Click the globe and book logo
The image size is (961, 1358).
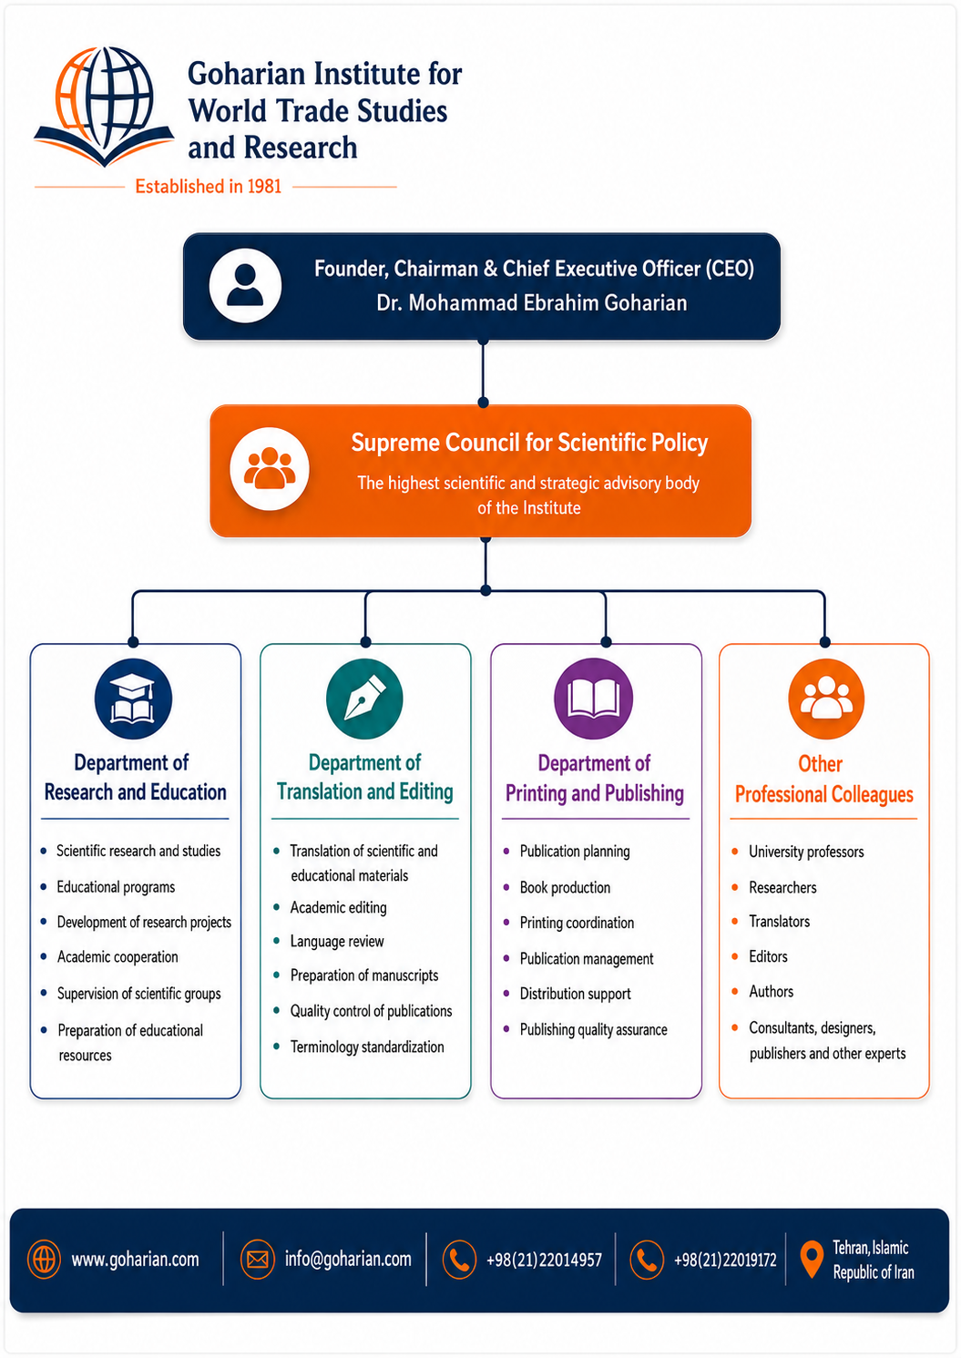[104, 106]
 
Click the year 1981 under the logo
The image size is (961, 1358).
[264, 186]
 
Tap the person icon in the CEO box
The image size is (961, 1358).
[245, 286]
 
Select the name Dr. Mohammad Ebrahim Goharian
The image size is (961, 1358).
[531, 302]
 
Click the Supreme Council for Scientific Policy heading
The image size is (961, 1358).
[529, 443]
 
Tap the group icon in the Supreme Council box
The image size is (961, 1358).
[270, 469]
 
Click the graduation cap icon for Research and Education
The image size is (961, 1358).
[133, 699]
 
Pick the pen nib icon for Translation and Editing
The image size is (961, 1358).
[364, 699]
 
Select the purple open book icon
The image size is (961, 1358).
[594, 699]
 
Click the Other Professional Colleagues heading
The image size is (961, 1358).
[824, 779]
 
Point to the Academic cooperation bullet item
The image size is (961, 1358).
[118, 956]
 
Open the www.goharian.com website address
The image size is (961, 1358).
[135, 1260]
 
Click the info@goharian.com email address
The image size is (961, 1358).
[348, 1259]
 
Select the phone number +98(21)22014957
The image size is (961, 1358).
[544, 1260]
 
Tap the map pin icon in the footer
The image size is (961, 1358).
[812, 1259]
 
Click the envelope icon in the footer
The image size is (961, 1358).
[258, 1260]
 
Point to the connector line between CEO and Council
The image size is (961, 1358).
[483, 373]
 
